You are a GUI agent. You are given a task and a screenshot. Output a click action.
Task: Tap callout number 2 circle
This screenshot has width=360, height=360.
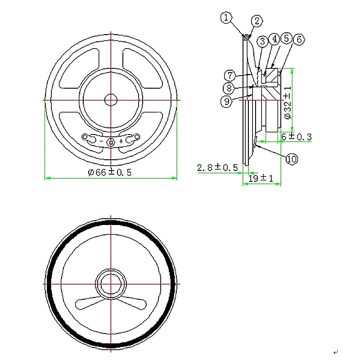coord(256,21)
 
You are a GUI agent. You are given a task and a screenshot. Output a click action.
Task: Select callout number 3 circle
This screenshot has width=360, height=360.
coord(262,41)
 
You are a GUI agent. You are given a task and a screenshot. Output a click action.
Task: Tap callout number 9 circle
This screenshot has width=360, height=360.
coord(227,101)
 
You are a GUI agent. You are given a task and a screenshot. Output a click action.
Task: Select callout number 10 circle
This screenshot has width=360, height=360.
coord(292,159)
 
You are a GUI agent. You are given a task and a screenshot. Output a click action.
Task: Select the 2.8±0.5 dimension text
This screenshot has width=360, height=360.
coord(217,168)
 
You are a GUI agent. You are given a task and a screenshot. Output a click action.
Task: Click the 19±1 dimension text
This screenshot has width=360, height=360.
coord(261,179)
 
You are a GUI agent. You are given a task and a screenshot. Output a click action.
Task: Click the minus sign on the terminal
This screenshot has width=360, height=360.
coord(101,141)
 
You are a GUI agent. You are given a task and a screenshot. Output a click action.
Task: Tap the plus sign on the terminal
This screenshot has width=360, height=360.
coord(121,141)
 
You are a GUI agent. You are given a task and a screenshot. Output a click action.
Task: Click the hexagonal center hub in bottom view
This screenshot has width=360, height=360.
coord(110,284)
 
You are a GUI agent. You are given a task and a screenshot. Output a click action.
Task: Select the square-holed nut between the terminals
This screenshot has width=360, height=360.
coord(111,142)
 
